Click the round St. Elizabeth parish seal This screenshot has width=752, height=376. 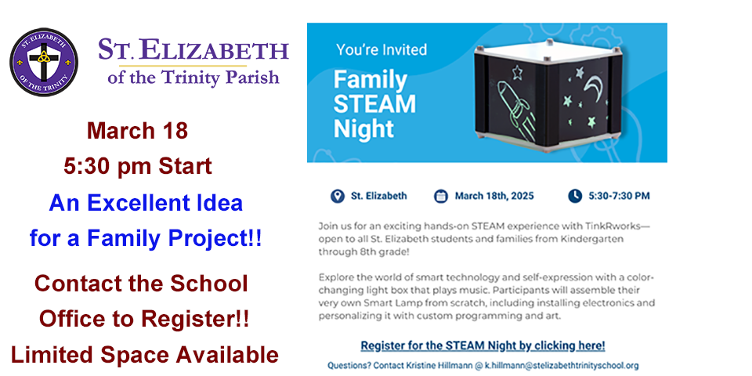point(44,63)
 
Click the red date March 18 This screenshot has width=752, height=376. point(137,131)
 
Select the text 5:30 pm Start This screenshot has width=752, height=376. point(138,166)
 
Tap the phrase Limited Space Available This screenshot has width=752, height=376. point(144,355)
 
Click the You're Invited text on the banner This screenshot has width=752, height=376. point(381,49)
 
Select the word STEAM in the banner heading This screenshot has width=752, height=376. point(374,104)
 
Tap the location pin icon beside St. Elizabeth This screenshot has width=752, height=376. point(338,196)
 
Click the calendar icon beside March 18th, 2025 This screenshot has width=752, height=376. point(441,196)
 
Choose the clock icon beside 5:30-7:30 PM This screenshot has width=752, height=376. point(574,196)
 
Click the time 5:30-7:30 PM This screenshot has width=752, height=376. point(619,196)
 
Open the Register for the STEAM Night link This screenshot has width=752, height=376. point(483,345)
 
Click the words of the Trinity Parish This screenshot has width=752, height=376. point(193,77)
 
